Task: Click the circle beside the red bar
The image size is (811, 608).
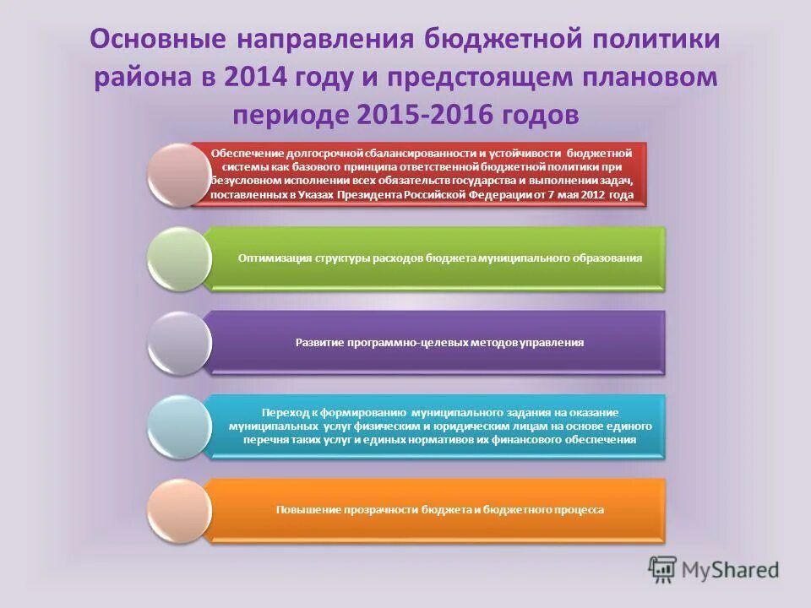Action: coord(178,175)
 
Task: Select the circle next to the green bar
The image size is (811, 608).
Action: coord(178,258)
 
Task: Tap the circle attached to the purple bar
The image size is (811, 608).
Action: coord(178,343)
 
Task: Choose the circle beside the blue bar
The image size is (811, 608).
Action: coord(178,426)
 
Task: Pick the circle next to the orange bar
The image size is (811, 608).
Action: coord(178,510)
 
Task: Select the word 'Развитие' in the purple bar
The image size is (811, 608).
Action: coord(318,343)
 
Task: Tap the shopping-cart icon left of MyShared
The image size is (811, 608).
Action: coord(663,568)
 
